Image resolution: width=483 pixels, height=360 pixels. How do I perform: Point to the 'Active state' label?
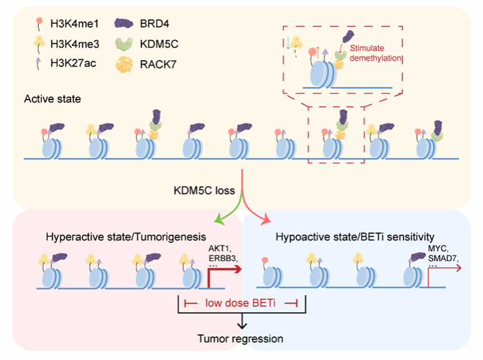(x=52, y=100)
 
